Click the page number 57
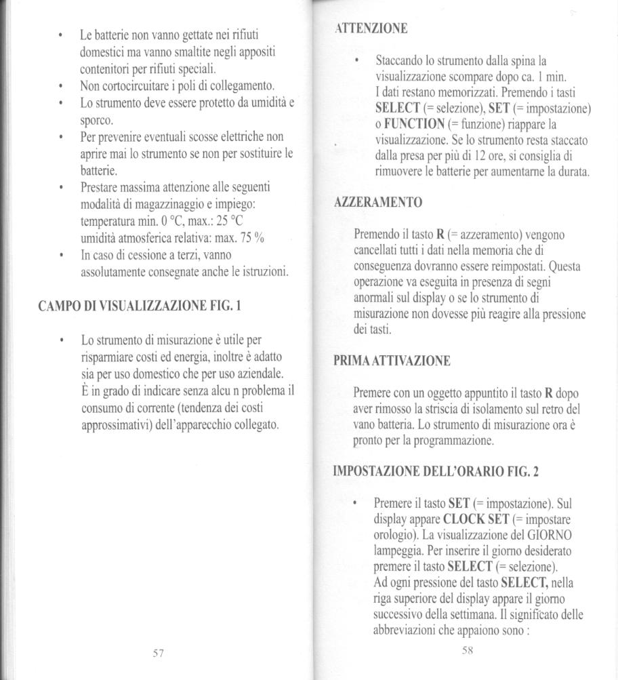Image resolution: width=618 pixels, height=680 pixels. [x=158, y=653]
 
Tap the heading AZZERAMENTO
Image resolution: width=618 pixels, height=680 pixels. [x=379, y=202]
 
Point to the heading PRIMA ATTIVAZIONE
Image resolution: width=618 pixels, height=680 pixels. [x=392, y=361]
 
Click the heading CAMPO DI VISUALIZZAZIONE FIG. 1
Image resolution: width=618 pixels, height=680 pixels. [x=140, y=305]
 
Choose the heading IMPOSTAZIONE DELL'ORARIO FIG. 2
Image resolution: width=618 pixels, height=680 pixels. [x=436, y=472]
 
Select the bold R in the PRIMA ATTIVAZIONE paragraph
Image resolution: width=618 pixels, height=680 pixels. [x=550, y=393]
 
